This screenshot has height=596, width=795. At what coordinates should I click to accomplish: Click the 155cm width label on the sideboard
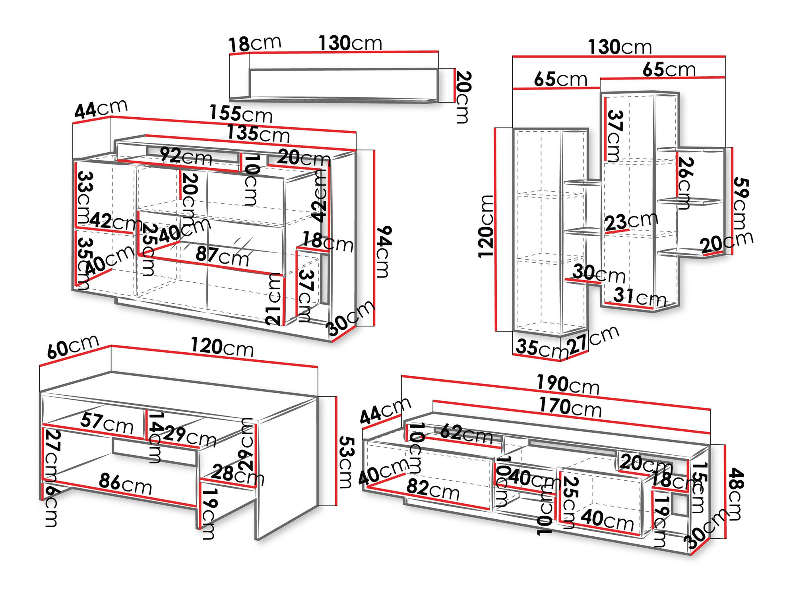(241, 114)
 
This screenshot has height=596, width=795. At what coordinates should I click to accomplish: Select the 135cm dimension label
(258, 134)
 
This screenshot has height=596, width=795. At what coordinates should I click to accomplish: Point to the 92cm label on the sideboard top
(186, 156)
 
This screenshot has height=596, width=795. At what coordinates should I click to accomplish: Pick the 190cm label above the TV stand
(568, 384)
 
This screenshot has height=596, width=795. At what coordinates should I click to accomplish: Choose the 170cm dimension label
(570, 407)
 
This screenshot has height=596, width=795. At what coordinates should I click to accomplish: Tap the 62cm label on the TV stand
(466, 433)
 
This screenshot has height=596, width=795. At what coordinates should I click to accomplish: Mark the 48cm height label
(736, 494)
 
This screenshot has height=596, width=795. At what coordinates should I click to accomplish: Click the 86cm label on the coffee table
(125, 483)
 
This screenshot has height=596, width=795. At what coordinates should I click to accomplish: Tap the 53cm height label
(346, 462)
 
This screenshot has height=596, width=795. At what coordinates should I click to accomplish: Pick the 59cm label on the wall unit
(740, 204)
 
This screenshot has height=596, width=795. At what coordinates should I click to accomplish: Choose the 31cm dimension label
(639, 297)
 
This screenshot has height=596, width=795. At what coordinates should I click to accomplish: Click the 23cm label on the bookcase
(631, 221)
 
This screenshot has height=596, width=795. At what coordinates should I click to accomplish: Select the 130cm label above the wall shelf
(350, 43)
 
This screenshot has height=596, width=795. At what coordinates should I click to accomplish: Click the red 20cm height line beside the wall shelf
(454, 85)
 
